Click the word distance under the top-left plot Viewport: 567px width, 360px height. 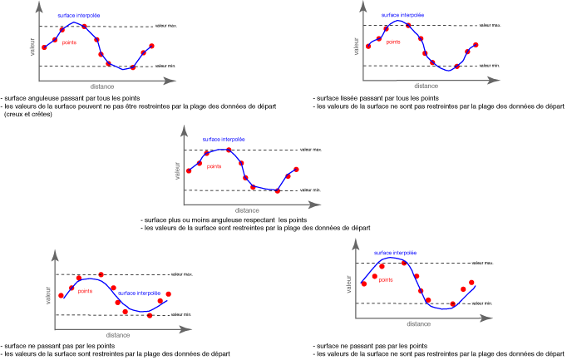102,86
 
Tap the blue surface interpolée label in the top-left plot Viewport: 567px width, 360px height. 79,16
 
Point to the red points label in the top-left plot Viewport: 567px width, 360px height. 69,42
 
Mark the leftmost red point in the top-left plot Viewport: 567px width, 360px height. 45,47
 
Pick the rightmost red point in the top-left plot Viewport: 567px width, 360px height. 151,45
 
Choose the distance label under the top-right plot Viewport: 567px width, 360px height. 426,86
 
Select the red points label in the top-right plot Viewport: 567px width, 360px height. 393,42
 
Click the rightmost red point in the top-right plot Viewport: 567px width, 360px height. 476,45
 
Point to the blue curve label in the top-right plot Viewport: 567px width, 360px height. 403,15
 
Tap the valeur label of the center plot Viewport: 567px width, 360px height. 177,170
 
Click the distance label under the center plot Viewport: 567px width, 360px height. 247,210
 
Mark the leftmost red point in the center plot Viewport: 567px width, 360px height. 190,170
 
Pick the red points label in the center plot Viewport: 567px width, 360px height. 214,166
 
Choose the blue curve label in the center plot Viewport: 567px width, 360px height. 224,140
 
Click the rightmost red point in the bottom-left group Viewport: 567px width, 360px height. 168,293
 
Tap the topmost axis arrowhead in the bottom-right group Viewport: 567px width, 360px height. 356,244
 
